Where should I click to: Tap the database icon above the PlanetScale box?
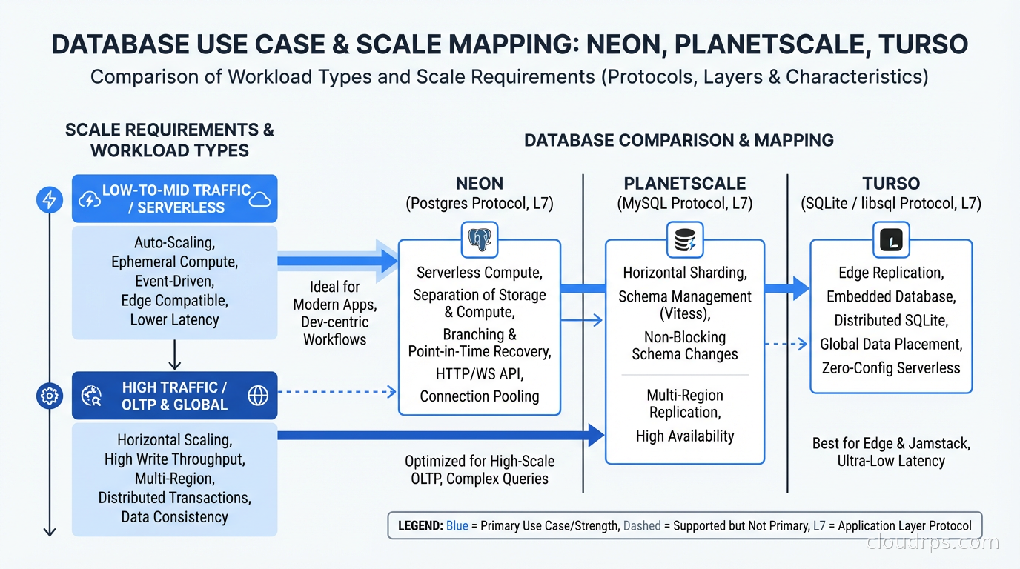(684, 240)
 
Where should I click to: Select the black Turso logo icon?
(890, 240)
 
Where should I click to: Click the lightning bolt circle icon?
(50, 200)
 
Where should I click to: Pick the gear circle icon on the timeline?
(50, 396)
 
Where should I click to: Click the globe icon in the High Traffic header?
(258, 396)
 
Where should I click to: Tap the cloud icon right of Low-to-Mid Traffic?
(260, 199)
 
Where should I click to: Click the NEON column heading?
(480, 184)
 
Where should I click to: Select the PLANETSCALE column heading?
(684, 184)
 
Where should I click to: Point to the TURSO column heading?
(890, 184)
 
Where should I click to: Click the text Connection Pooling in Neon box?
(480, 396)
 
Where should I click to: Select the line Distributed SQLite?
(890, 321)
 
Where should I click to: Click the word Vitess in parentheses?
(684, 314)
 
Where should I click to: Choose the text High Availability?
(684, 436)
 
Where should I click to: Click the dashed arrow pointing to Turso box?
(786, 344)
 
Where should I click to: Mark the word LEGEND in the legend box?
(420, 526)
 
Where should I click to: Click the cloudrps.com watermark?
(933, 543)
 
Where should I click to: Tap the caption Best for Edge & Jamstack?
(890, 444)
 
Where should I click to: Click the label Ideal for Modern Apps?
(334, 296)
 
